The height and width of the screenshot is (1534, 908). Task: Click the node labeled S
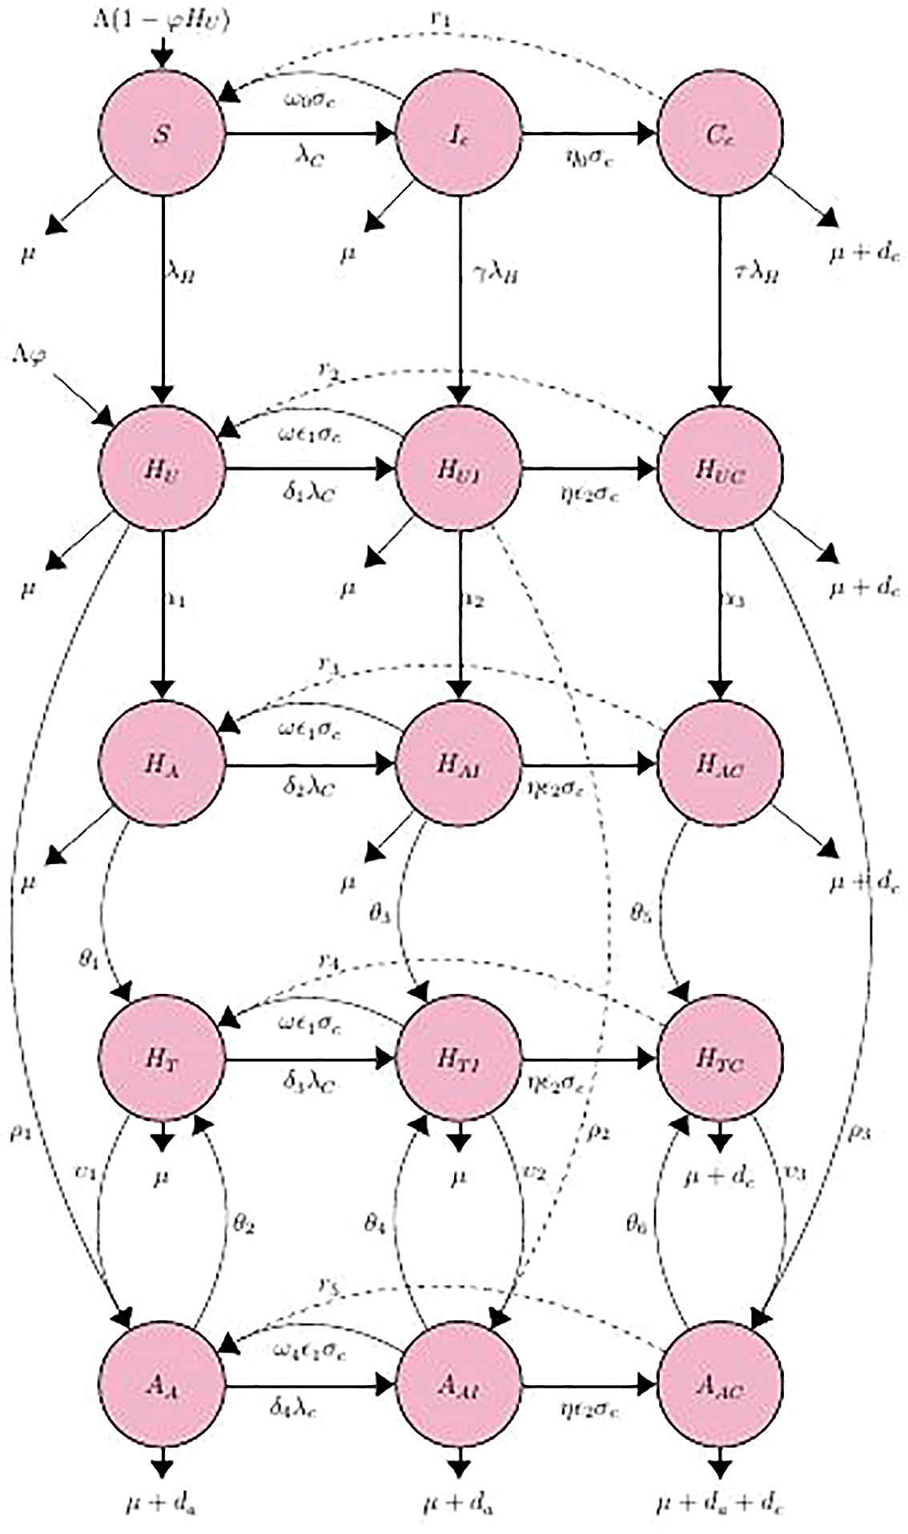pyautogui.click(x=163, y=134)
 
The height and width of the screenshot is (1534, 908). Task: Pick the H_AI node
pyautogui.click(x=459, y=765)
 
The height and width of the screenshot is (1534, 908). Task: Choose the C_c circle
pyautogui.click(x=720, y=134)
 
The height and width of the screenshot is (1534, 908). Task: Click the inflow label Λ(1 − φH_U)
pyautogui.click(x=161, y=19)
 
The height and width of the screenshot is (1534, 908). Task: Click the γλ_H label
pyautogui.click(x=494, y=274)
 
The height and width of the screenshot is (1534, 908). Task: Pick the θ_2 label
pyautogui.click(x=243, y=1224)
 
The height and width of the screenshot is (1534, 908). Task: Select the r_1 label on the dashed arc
pyautogui.click(x=440, y=20)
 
